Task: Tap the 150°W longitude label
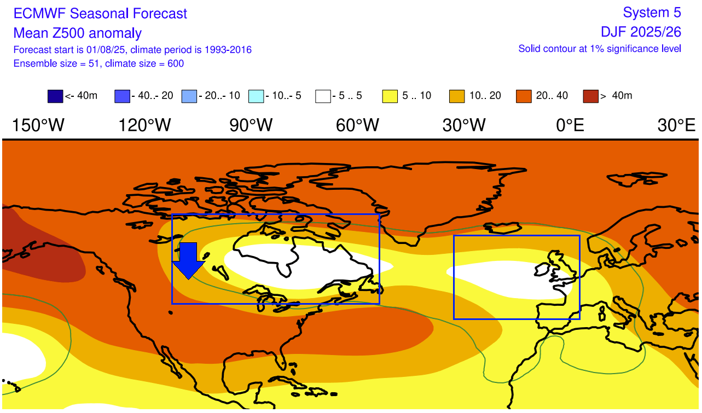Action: [x=38, y=126]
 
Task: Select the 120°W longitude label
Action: [x=145, y=126]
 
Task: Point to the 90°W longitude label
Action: [x=251, y=126]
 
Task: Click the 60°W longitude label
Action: [x=357, y=126]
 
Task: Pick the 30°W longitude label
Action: [x=464, y=126]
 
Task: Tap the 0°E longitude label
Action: [x=570, y=126]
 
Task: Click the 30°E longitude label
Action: [x=677, y=126]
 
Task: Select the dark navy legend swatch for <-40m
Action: [x=56, y=96]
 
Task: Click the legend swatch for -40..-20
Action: [x=123, y=96]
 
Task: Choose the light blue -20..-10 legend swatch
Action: [x=189, y=96]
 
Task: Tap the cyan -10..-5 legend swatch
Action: [x=257, y=96]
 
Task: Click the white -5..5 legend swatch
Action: [x=323, y=96]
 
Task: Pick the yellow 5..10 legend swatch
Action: [x=390, y=96]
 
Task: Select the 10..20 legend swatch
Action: [x=457, y=96]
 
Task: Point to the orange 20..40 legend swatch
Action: [x=524, y=96]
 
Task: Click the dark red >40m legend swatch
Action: [x=591, y=96]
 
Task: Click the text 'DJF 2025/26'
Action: [x=640, y=32]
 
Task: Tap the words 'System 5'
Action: [x=652, y=13]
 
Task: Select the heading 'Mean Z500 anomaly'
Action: [x=77, y=33]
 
